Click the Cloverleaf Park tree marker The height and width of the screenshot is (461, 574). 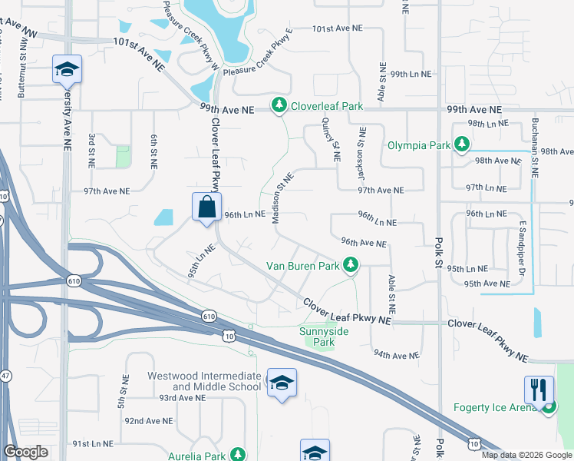pos(278,104)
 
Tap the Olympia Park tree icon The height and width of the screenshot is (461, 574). pos(462,144)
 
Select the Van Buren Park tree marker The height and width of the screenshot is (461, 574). pos(351,265)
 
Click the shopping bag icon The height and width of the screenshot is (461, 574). pos(207,207)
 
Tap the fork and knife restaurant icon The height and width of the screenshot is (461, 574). pos(539,390)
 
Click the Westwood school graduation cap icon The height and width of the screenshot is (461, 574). pos(282,383)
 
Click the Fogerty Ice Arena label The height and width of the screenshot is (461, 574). pos(498,407)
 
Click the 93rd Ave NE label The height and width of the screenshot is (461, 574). pos(183,397)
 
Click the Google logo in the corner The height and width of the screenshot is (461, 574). pos(26,452)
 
